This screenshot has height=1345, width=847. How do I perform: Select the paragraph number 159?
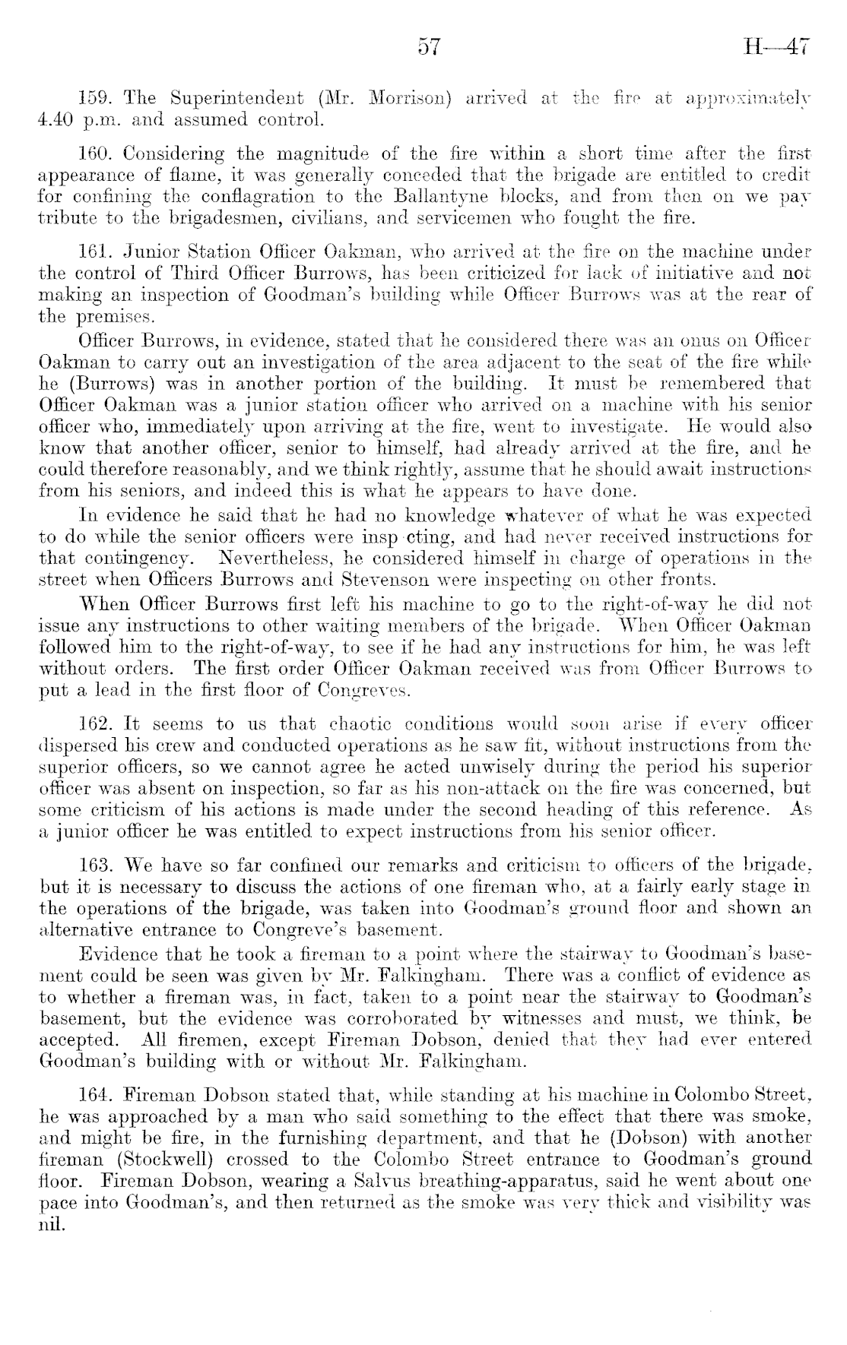(x=95, y=98)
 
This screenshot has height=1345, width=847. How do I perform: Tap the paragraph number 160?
(x=95, y=156)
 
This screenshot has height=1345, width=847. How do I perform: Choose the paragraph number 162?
(x=95, y=723)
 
